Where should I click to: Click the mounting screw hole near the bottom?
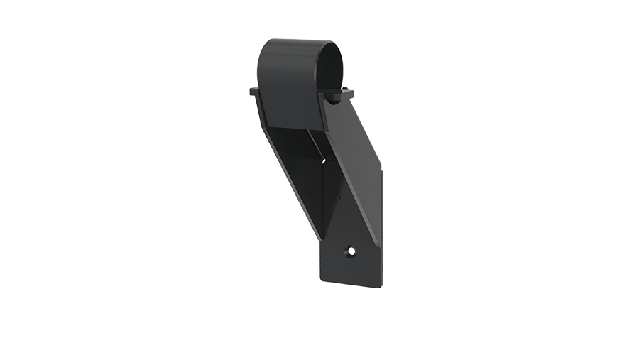click(x=350, y=251)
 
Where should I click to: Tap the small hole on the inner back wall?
click(x=325, y=161)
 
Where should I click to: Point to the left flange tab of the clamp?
click(x=253, y=91)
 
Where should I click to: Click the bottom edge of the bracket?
click(x=351, y=284)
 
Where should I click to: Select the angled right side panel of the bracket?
click(x=359, y=163)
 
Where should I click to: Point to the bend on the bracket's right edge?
click(x=382, y=170)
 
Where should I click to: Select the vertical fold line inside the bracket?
click(x=324, y=199)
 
